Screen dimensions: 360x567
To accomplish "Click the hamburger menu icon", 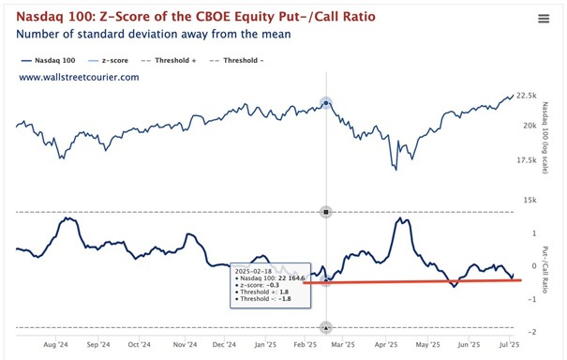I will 544,19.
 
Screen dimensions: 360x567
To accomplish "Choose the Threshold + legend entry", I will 198,58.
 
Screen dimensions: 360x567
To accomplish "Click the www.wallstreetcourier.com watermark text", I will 79,77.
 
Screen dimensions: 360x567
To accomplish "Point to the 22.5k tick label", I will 526,97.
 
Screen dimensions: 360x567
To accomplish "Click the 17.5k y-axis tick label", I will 526,160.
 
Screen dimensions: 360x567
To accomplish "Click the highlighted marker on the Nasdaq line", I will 325,102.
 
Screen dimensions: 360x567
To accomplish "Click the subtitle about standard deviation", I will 154,35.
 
